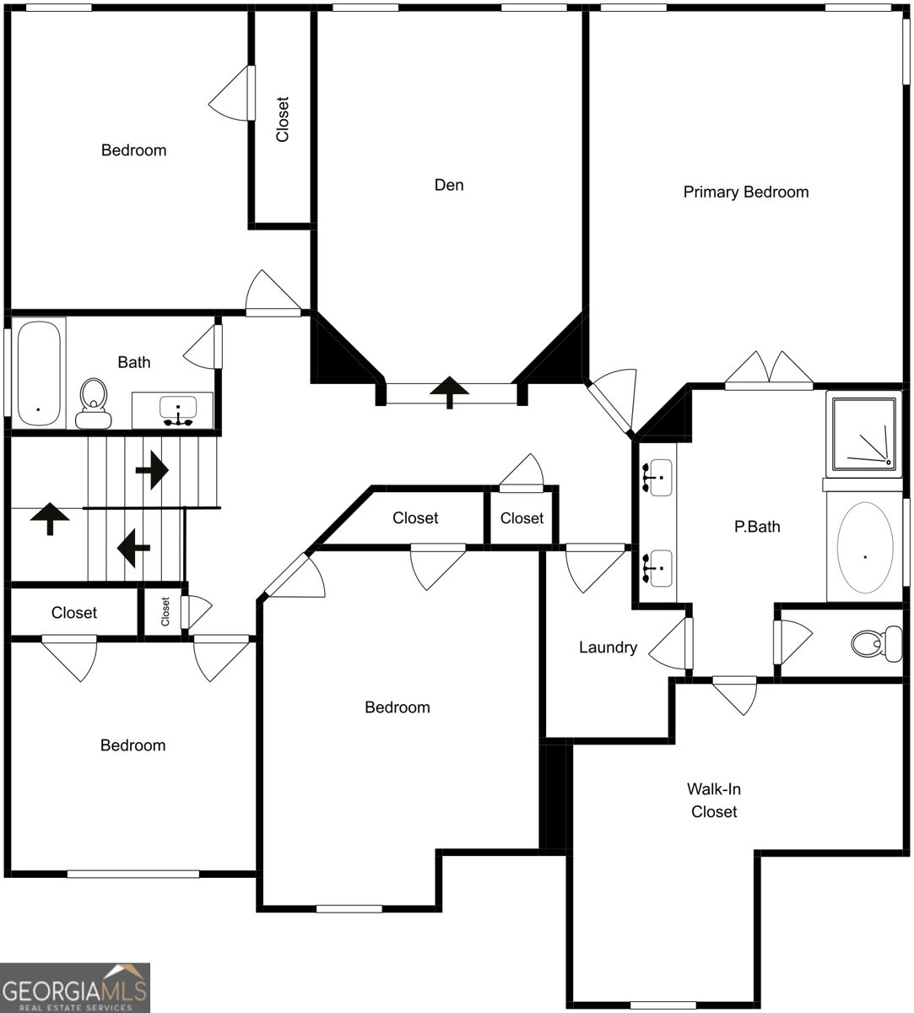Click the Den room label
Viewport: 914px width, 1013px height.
(448, 185)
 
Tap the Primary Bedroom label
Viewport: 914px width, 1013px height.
(745, 192)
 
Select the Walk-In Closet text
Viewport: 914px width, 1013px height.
(714, 800)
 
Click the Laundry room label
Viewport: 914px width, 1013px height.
(607, 647)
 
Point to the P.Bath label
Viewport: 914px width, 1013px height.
(756, 527)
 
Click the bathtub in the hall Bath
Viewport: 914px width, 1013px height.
(38, 372)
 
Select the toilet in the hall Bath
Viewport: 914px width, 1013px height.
(93, 403)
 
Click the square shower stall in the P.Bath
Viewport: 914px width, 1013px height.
(863, 434)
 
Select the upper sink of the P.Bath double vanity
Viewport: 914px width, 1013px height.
(657, 477)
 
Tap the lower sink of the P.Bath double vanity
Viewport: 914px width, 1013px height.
(657, 567)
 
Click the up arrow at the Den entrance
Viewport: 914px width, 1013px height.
(449, 392)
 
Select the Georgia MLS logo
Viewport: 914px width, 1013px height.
(74, 988)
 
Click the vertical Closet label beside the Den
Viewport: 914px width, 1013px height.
(283, 119)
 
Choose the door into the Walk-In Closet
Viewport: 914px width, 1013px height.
(734, 694)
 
